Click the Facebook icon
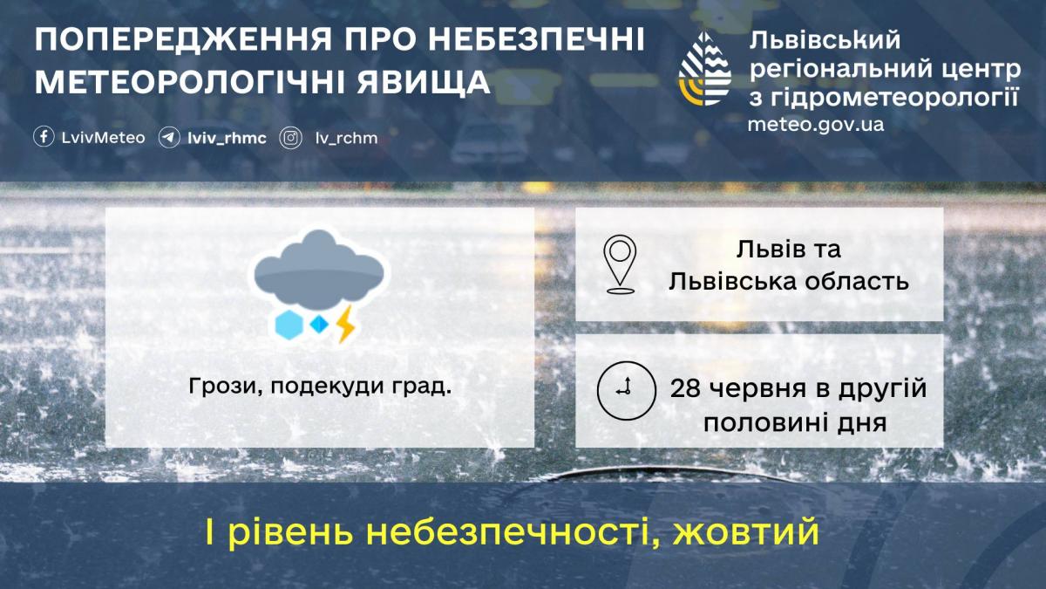[44, 138]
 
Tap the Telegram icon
[168, 138]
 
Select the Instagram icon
[290, 139]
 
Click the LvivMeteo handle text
[103, 138]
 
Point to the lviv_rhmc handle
[227, 139]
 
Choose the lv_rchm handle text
[347, 139]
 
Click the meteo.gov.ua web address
[815, 125]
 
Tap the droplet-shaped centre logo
[704, 69]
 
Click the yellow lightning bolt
[346, 324]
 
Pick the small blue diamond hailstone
[319, 325]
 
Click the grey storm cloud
[319, 271]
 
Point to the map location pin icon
[620, 264]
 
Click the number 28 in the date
[686, 389]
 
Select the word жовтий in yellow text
[746, 532]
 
